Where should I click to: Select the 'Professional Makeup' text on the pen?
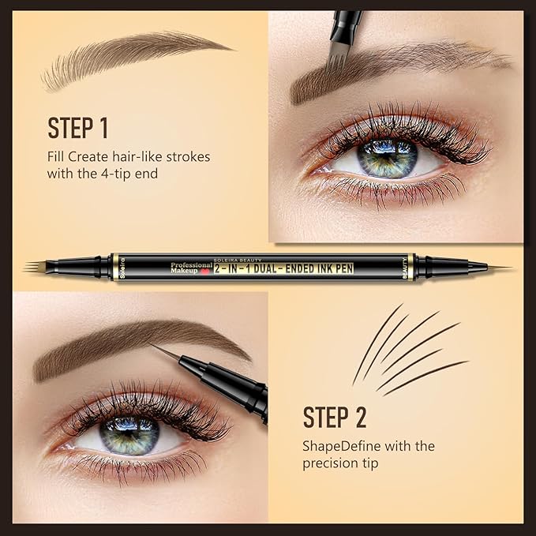(x=191, y=268)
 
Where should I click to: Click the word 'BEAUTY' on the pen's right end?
(x=407, y=266)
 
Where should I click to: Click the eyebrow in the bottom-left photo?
(x=134, y=339)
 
